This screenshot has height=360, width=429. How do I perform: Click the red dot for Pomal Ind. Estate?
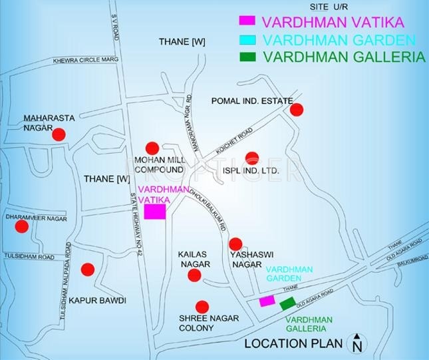297,110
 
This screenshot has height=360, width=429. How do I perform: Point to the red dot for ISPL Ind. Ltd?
251,158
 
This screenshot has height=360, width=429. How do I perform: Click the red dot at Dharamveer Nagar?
22,226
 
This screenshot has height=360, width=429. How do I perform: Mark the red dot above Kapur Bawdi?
88,270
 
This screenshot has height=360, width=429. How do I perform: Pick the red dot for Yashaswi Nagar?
235,244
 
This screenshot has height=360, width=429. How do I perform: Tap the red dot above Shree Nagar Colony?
203,307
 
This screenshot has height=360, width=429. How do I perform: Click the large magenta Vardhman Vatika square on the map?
155,212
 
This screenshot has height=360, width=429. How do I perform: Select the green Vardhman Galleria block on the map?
287,304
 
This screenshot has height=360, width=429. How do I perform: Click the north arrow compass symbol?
357,343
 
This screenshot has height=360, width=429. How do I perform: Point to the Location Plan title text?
293,344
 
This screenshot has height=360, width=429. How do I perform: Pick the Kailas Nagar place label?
194,260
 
